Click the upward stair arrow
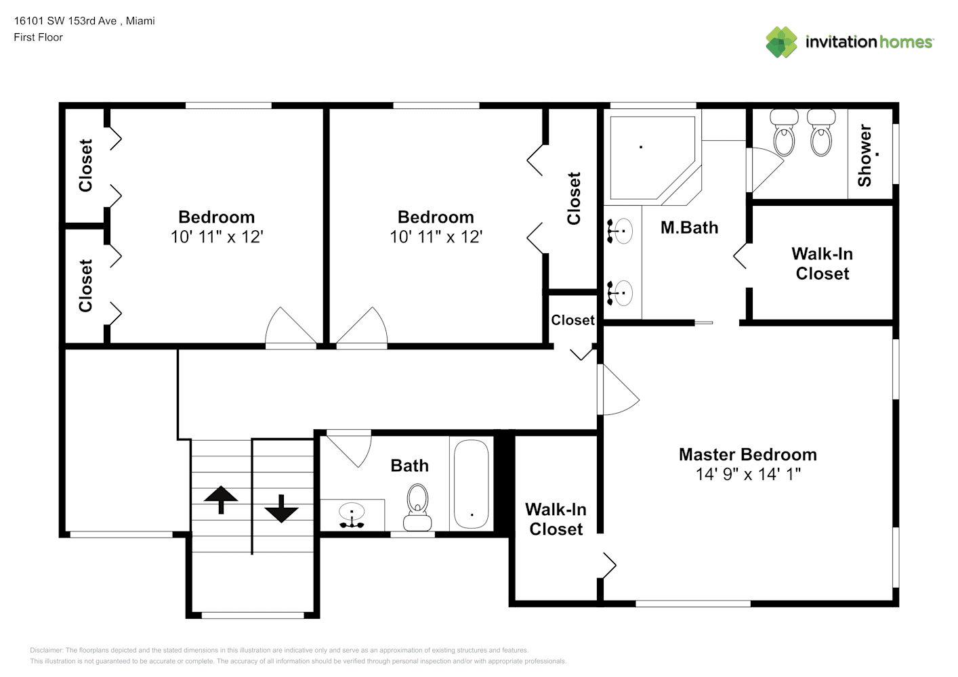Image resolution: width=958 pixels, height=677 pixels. (x=221, y=499)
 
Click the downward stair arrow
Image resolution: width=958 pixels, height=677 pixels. (x=281, y=508)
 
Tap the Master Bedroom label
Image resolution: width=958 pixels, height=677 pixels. (x=747, y=455)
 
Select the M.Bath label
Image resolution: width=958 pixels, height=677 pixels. (x=690, y=227)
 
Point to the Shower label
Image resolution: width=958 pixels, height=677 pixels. (x=865, y=156)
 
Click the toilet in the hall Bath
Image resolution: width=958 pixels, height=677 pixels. (x=417, y=507)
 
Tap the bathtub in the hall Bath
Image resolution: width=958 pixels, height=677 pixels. (x=472, y=484)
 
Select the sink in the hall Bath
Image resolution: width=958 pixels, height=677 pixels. (x=352, y=515)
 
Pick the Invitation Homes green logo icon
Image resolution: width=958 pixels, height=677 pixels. (x=781, y=42)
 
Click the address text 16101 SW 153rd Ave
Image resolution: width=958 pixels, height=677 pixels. (x=65, y=21)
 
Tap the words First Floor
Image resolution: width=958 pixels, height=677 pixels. (x=38, y=37)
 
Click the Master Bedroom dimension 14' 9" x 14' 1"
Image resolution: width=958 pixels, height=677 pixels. (x=748, y=475)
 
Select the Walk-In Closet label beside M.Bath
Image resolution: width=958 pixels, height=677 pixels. (x=822, y=264)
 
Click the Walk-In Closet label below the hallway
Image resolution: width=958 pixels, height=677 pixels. (x=556, y=519)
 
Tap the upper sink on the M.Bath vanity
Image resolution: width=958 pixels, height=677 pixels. (x=619, y=231)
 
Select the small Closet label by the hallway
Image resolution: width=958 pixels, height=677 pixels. (x=572, y=320)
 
